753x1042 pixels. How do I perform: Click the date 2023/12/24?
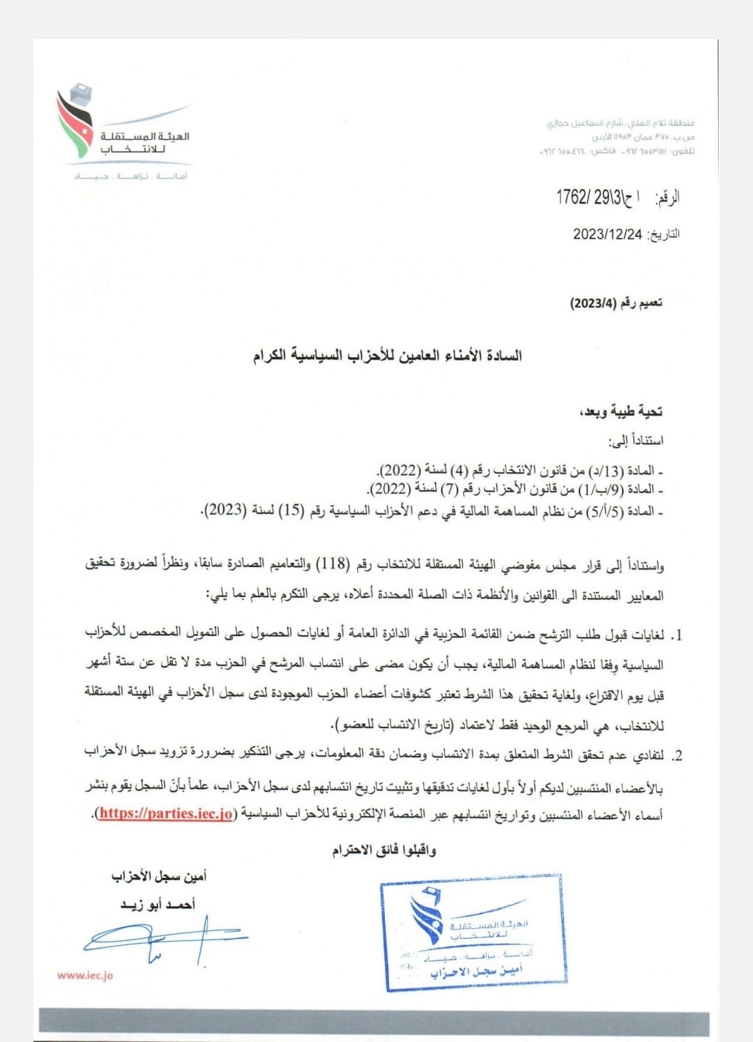click(x=607, y=234)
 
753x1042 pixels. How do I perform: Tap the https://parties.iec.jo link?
click(x=166, y=813)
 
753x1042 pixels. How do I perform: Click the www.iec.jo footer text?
click(x=85, y=976)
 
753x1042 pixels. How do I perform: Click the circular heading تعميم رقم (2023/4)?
click(x=616, y=303)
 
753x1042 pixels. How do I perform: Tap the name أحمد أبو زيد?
click(x=158, y=905)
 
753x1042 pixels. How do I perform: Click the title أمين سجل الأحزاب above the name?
click(x=158, y=876)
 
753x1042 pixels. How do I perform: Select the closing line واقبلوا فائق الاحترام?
click(x=384, y=850)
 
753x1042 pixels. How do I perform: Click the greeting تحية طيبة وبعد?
click(x=621, y=411)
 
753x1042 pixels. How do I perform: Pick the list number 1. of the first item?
click(x=675, y=635)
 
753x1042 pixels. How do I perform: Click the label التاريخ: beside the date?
click(x=664, y=234)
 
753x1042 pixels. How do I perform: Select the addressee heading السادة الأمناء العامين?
click(x=387, y=356)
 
